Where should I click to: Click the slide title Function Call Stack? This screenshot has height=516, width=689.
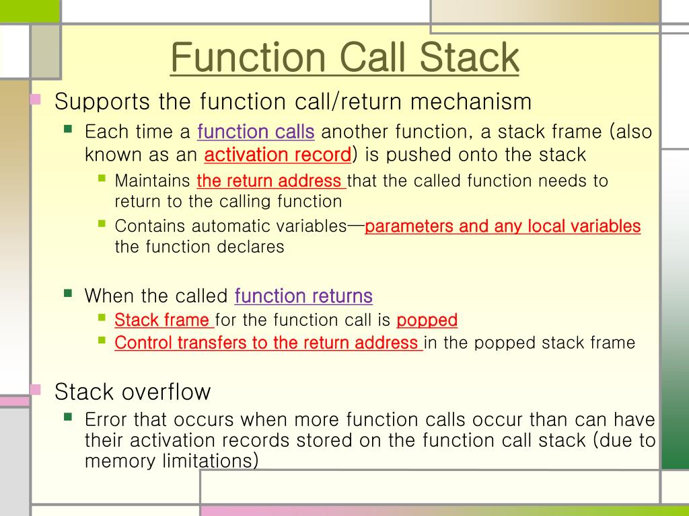[x=344, y=58]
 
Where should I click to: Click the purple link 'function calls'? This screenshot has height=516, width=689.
[x=256, y=132]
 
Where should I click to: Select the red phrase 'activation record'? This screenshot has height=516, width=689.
[x=277, y=155]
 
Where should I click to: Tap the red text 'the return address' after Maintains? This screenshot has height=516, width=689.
[x=270, y=181]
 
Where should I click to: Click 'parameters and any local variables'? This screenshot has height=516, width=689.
[x=503, y=226]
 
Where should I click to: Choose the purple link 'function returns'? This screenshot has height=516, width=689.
[x=303, y=296]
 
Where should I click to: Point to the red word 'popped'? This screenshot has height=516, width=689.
[x=427, y=320]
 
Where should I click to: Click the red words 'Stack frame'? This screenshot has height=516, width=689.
[x=163, y=320]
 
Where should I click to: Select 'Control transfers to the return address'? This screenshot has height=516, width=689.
[x=267, y=343]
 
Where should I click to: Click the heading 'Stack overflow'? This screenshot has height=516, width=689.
[x=133, y=391]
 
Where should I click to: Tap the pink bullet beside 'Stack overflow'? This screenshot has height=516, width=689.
[x=36, y=389]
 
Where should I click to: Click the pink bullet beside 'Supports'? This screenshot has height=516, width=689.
[x=36, y=100]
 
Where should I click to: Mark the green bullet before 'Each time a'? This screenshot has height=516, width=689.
[x=68, y=128]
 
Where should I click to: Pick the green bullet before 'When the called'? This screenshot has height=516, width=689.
[x=68, y=293]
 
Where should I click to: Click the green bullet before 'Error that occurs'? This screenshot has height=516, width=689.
[x=68, y=417]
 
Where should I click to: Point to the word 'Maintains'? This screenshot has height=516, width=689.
[x=153, y=181]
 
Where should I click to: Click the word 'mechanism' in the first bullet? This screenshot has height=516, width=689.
[x=471, y=102]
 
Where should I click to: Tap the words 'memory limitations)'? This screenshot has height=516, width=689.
[x=172, y=461]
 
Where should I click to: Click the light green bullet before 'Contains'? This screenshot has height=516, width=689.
[x=102, y=223]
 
